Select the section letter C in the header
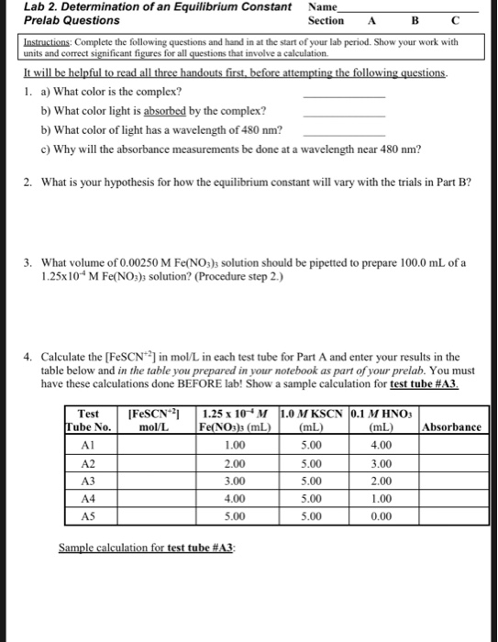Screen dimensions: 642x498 click(456, 20)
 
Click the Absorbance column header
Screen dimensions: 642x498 click(452, 427)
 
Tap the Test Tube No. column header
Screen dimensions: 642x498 click(90, 420)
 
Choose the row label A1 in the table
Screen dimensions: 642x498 click(89, 446)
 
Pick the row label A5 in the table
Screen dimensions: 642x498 click(89, 515)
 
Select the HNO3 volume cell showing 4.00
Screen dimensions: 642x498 click(382, 446)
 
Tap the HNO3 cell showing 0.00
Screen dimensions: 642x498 click(382, 515)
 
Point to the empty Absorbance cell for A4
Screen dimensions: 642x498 click(452, 498)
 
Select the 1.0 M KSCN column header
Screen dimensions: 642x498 click(312, 420)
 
